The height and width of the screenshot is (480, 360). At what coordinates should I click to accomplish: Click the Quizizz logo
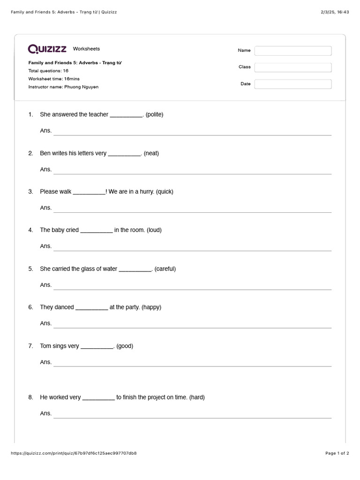tap(47, 49)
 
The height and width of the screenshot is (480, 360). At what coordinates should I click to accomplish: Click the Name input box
tap(293, 51)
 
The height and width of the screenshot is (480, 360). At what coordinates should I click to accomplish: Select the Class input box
tap(293, 67)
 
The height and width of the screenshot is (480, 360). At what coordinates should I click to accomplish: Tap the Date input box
tap(293, 84)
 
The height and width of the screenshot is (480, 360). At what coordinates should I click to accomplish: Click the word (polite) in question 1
tap(154, 114)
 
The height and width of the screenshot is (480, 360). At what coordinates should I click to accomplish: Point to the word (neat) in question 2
tap(151, 153)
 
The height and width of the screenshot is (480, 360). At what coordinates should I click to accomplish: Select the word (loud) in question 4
tap(154, 230)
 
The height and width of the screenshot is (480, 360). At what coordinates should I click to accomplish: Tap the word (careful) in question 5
tap(165, 269)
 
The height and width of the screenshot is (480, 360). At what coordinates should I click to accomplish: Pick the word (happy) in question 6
tap(151, 307)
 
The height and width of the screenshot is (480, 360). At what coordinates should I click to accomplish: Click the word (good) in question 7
tap(125, 346)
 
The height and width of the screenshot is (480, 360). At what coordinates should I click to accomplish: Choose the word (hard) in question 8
tap(197, 397)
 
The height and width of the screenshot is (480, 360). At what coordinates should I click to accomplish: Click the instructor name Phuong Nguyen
tap(81, 87)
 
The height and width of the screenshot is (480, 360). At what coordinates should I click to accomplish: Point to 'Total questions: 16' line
tap(48, 71)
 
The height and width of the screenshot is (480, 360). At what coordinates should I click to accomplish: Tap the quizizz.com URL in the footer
tap(73, 453)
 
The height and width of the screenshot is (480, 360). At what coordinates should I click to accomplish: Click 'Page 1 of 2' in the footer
tap(337, 453)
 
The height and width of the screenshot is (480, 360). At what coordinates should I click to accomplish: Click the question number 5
tap(30, 269)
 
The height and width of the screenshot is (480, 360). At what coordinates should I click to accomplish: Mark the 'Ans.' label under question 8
tap(46, 413)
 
